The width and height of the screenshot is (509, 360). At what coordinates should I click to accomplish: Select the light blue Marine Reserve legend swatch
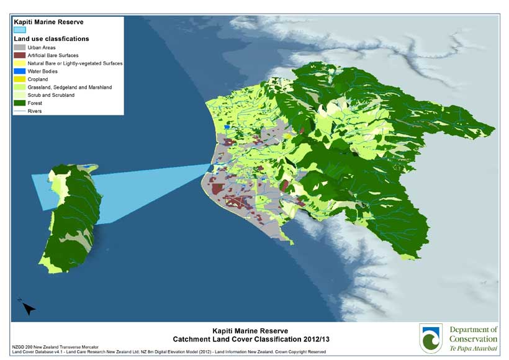point(20,29)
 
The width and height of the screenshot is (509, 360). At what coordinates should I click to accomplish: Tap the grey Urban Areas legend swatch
point(20,47)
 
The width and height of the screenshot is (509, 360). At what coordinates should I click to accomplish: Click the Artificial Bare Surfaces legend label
point(54,55)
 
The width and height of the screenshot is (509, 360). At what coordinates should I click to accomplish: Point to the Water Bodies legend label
point(43,71)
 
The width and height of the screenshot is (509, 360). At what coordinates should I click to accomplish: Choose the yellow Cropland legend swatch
point(20,79)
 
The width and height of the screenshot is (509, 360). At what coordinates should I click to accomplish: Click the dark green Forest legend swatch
point(20,103)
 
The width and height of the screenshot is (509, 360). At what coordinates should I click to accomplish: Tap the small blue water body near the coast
point(228,127)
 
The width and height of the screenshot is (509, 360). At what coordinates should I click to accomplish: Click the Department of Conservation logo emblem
point(431,338)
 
